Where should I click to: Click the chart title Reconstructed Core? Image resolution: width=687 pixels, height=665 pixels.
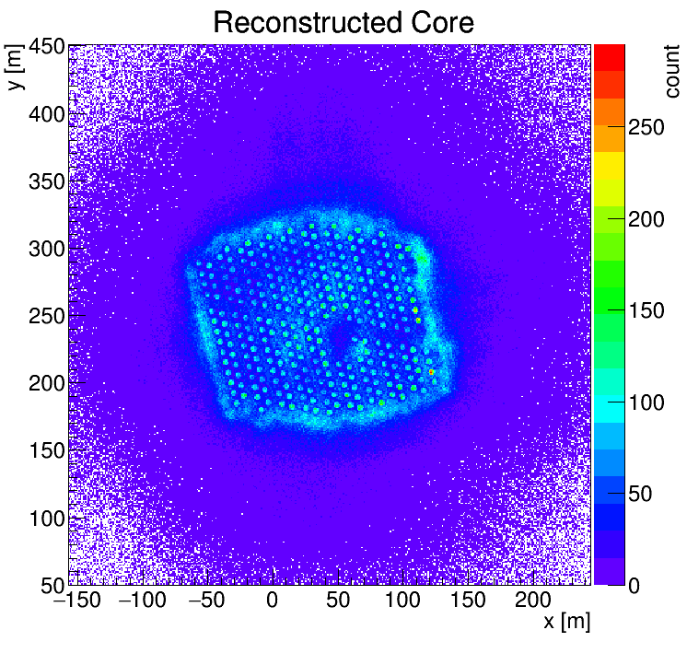[343, 22]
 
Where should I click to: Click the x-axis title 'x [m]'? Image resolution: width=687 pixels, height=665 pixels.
[565, 622]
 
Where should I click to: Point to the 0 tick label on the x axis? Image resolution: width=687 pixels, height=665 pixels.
[272, 601]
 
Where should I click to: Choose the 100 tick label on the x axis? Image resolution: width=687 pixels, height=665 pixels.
[402, 601]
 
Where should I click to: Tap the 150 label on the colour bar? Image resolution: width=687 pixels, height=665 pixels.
[647, 311]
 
